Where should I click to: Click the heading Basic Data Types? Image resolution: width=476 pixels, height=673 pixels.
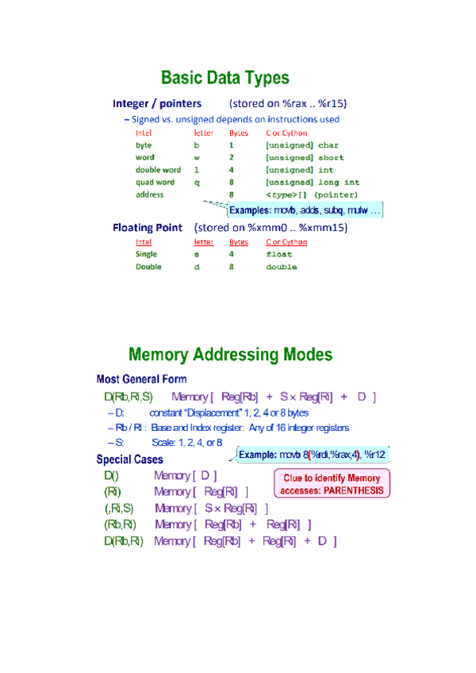click(x=225, y=78)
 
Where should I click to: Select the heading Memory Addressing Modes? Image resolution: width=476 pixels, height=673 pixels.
click(x=230, y=354)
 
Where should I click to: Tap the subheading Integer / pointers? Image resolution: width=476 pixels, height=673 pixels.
click(x=157, y=104)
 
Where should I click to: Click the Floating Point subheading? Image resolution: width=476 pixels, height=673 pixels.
click(x=148, y=228)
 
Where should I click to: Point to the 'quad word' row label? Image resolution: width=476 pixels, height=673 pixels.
click(x=155, y=182)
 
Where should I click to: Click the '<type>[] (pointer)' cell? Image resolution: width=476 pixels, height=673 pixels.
click(x=312, y=194)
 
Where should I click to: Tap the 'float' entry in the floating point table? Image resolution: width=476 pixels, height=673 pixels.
click(x=278, y=255)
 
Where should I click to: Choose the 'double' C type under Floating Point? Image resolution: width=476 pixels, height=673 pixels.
click(x=282, y=267)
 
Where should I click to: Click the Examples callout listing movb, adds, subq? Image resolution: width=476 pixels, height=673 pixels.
click(x=305, y=210)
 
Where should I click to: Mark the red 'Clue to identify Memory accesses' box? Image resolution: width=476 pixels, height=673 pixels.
click(x=332, y=484)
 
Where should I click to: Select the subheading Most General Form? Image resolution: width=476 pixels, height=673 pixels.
click(x=141, y=379)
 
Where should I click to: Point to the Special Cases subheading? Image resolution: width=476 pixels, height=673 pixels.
click(x=130, y=460)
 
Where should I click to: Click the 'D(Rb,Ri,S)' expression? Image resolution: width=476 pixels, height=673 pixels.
click(x=128, y=397)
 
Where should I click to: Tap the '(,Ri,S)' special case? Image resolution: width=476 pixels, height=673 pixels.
click(x=119, y=509)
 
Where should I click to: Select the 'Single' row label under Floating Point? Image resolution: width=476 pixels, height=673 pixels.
click(x=146, y=255)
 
